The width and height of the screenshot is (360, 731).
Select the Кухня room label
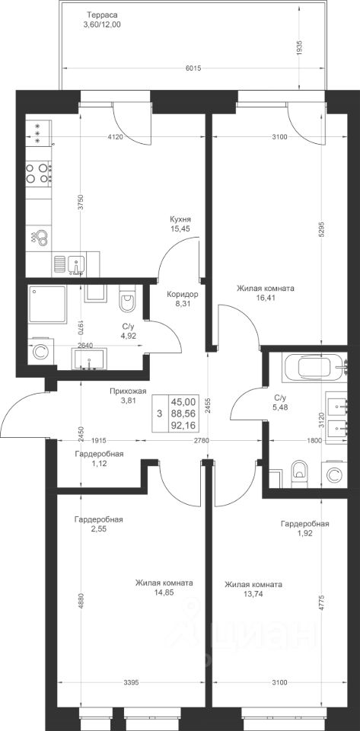point(180,219)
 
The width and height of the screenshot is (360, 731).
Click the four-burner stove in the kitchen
point(39,172)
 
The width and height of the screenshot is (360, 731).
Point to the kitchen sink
point(76,264)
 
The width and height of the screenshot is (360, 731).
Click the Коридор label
point(183,294)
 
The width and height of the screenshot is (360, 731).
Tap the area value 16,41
point(265,298)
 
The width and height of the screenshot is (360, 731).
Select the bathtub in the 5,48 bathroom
point(315,366)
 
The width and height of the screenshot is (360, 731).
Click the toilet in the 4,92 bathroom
point(126,298)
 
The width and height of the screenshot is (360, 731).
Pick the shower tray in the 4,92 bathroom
point(46,304)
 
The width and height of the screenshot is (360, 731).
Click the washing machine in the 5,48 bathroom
point(334,474)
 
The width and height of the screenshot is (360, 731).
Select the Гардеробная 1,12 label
point(99,458)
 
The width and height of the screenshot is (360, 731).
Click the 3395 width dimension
point(131,683)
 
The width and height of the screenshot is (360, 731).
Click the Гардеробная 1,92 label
point(305,528)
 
